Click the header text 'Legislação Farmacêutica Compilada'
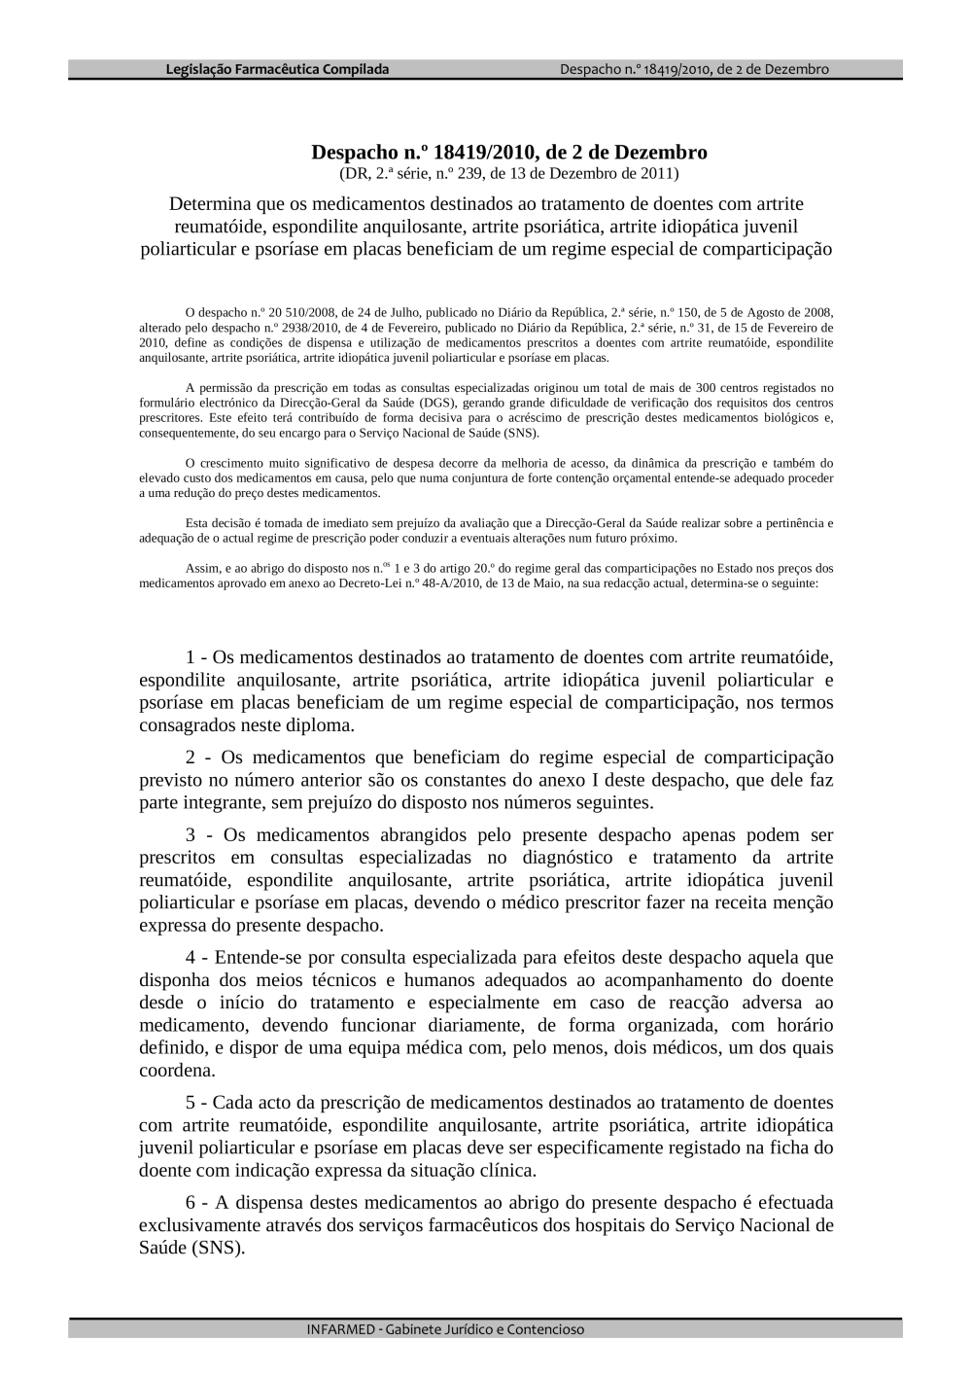point(277,69)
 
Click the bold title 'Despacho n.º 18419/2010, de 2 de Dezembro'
point(508,153)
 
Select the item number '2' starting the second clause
point(191,758)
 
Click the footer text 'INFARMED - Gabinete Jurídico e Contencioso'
point(446,1329)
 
